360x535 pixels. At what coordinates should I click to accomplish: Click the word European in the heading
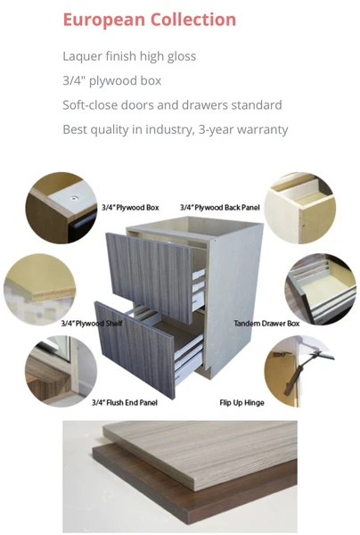[104, 21]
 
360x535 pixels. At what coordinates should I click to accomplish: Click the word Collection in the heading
[193, 19]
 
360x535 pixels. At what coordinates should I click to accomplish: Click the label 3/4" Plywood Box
[130, 208]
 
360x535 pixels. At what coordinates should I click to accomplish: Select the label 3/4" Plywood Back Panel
[220, 208]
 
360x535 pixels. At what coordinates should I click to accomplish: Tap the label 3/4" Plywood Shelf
[92, 323]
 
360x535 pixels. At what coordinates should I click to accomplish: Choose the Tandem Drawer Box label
[266, 323]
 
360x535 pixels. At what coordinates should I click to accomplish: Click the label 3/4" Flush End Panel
[125, 403]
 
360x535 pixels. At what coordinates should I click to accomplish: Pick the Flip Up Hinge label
[242, 403]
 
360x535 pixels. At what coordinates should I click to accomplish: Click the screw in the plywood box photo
[73, 198]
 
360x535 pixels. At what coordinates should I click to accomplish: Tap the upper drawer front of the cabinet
[150, 276]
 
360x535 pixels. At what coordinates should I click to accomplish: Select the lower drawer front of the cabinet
[135, 349]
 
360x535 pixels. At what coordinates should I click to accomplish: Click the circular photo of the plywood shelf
[39, 289]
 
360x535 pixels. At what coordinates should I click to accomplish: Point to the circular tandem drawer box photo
[321, 289]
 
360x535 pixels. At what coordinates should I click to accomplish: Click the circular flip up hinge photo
[299, 371]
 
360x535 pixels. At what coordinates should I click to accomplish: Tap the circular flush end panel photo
[61, 371]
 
